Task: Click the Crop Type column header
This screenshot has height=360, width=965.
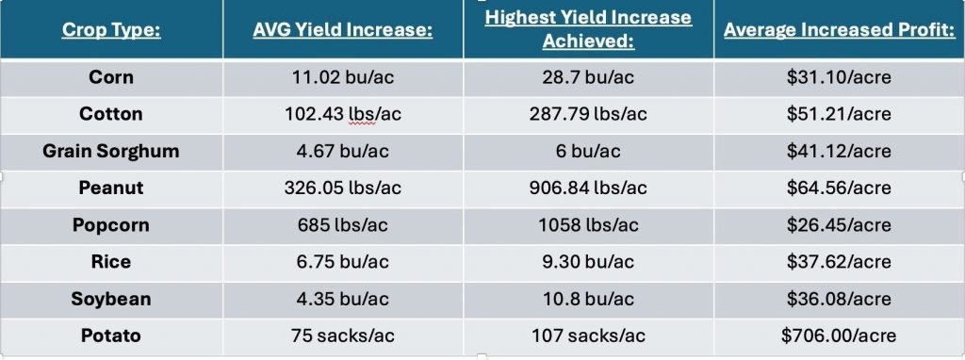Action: coord(111,29)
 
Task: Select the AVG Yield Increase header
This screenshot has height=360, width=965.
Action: coord(342,29)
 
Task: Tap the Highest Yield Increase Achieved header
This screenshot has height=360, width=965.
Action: coord(588,29)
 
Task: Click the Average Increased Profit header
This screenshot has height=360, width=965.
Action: coord(839,29)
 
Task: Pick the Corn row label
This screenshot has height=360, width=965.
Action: coord(111,77)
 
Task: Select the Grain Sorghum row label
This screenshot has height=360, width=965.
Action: coord(111,151)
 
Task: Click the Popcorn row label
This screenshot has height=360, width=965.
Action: coord(111,225)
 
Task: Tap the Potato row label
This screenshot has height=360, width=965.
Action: coord(111,335)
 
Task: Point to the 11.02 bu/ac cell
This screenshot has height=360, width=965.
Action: coord(343,77)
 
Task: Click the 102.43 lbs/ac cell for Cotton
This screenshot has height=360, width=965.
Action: coord(343,114)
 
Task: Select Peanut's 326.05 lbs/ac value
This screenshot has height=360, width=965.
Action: coord(343,188)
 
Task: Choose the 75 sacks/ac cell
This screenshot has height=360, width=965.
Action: coord(343,335)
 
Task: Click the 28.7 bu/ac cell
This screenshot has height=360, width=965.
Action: coord(588,77)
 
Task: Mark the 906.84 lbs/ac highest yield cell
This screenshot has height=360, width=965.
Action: coord(588,188)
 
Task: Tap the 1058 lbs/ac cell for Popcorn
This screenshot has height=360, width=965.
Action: coord(588,225)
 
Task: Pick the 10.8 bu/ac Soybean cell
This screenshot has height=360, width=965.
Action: coord(588,299)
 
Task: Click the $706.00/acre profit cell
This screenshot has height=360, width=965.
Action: coord(839,335)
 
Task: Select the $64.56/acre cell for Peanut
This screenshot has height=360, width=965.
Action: coord(839,188)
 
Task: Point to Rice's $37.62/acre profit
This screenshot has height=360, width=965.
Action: coord(839,262)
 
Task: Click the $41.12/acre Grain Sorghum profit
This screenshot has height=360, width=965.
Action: coord(839,151)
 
